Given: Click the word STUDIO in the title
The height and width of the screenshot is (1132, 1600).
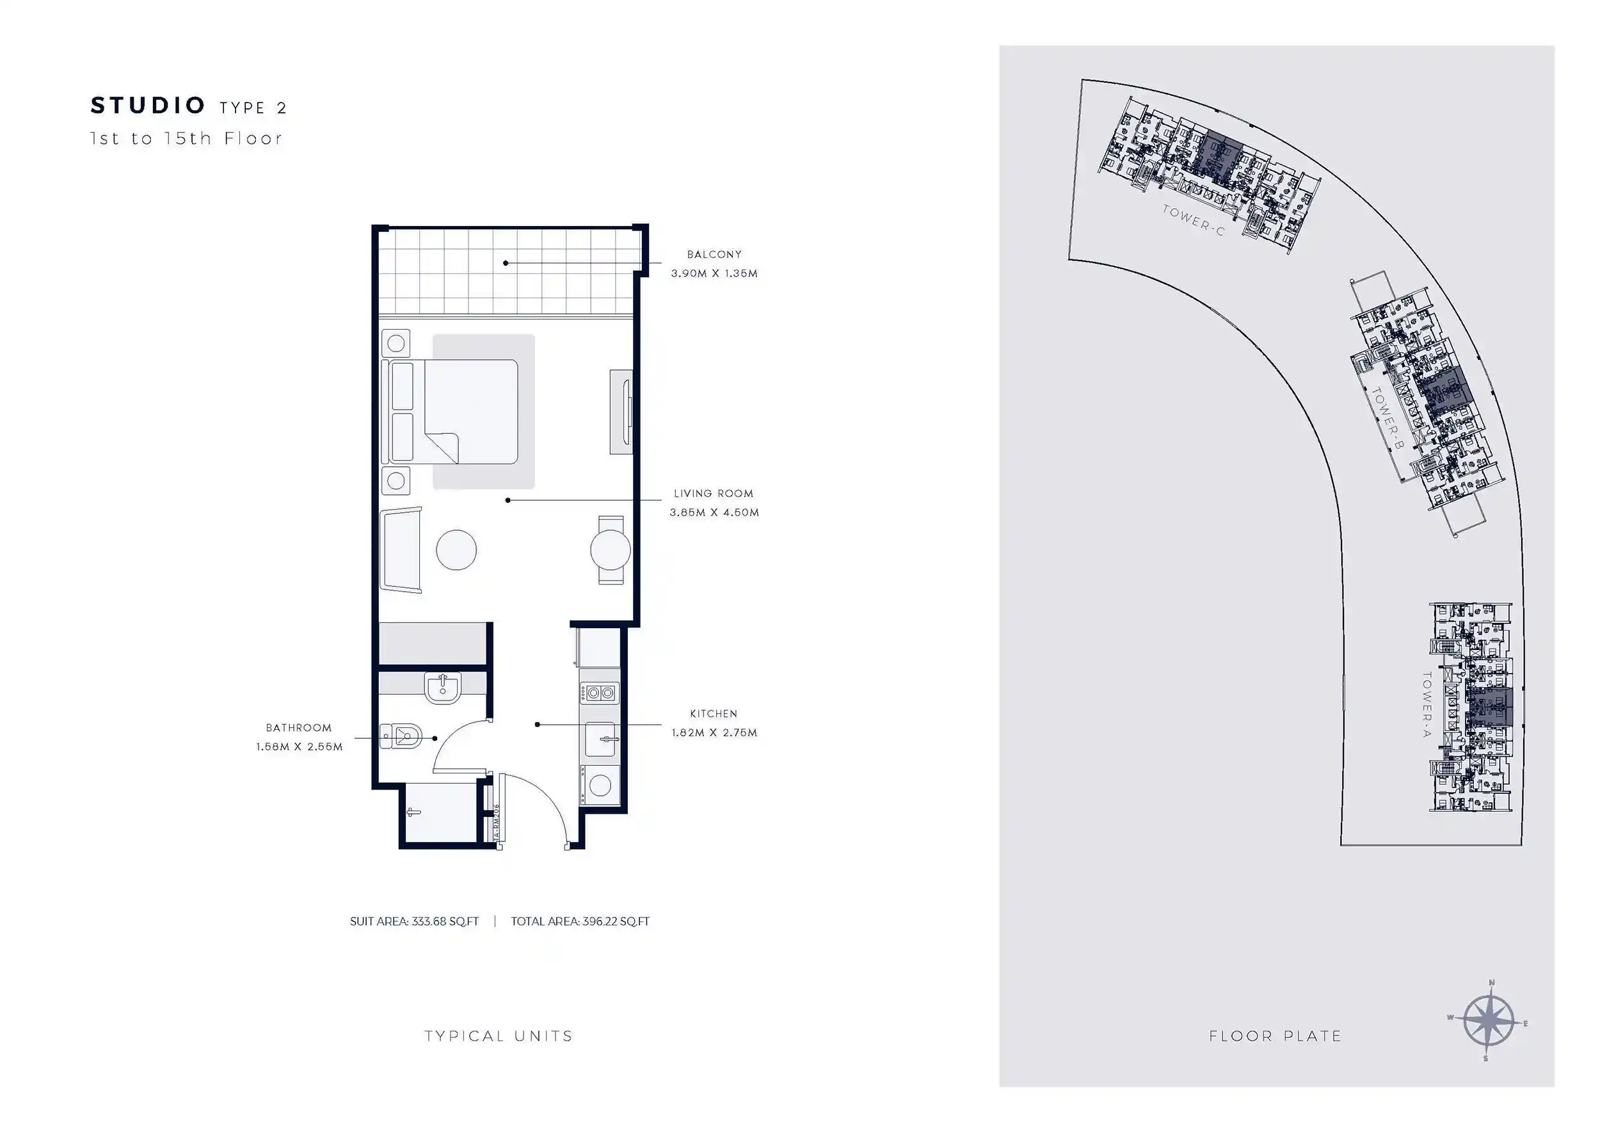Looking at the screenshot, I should (148, 106).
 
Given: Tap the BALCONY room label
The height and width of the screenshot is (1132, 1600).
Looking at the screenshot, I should (714, 254).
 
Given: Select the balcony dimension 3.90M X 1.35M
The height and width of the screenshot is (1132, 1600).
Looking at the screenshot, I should (714, 273).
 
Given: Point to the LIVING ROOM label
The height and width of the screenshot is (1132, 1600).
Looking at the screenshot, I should (713, 494).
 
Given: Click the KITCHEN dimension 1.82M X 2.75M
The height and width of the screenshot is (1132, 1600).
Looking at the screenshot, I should (714, 732).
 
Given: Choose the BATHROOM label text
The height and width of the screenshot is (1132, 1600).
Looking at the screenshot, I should (298, 728).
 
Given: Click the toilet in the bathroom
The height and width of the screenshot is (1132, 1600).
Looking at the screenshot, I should (402, 736).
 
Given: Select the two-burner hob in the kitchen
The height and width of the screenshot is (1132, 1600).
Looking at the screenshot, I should (599, 693).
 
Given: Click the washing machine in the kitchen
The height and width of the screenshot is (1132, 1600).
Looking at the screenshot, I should (599, 786).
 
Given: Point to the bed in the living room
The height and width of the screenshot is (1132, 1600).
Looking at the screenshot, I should (470, 411).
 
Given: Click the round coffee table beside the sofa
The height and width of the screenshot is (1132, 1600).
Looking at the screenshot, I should (456, 550).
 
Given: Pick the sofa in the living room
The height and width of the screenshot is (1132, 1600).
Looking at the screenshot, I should (401, 550).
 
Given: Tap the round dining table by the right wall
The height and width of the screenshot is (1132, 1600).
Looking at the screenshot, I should (611, 550).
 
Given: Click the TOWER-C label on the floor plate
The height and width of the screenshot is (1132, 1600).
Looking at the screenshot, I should (1192, 220).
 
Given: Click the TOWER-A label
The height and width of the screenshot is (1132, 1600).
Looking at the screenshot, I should (1427, 704).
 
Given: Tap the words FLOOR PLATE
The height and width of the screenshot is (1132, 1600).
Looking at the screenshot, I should (1276, 1037).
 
